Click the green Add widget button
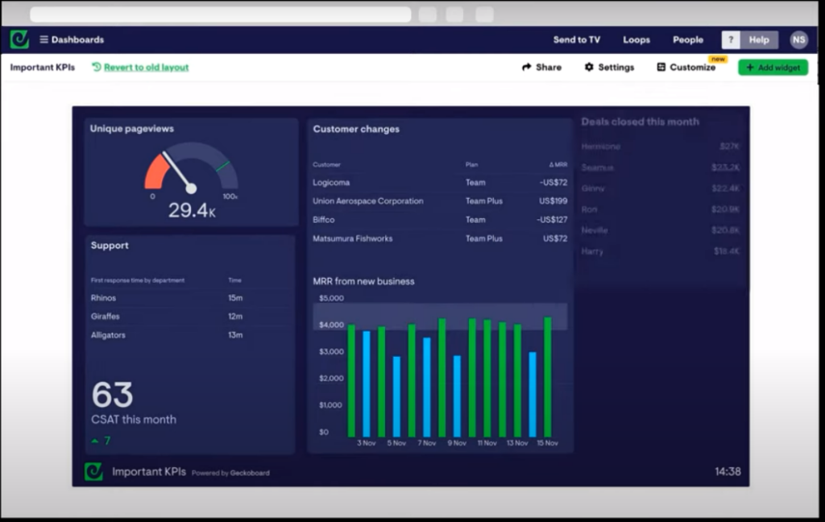point(773,68)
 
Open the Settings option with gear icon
point(609,68)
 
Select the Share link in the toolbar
point(541,68)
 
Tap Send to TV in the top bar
point(576,39)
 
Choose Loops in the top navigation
point(636,39)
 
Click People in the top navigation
point(688,39)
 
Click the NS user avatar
point(798,39)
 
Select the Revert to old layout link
point(146,68)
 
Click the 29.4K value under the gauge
point(191,211)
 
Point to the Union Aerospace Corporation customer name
point(367,201)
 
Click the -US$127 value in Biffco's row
point(553,220)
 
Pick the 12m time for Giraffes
point(235,317)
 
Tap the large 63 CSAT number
point(112,396)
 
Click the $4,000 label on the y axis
point(331,325)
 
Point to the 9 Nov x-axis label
point(457,443)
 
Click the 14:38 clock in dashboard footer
point(728,472)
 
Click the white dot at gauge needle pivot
point(191,188)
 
